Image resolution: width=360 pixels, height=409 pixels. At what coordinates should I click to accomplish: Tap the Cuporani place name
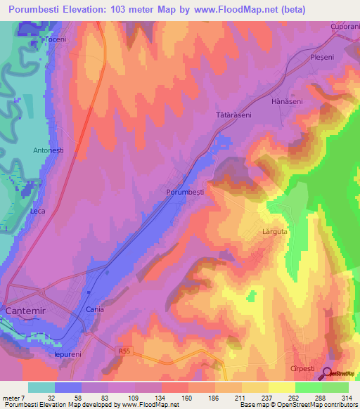pyautogui.click(x=345, y=27)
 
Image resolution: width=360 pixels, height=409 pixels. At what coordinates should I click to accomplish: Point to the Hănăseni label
pyautogui.click(x=286, y=101)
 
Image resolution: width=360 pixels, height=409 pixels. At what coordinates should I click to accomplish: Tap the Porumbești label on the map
pyautogui.click(x=184, y=191)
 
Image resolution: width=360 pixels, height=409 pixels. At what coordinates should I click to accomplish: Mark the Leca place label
pyautogui.click(x=37, y=211)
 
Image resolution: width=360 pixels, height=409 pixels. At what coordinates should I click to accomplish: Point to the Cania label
pyautogui.click(x=94, y=309)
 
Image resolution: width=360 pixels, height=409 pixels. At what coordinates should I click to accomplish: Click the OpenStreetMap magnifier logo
pyautogui.click(x=328, y=374)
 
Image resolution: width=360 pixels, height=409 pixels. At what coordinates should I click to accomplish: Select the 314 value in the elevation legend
pyautogui.click(x=347, y=398)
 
